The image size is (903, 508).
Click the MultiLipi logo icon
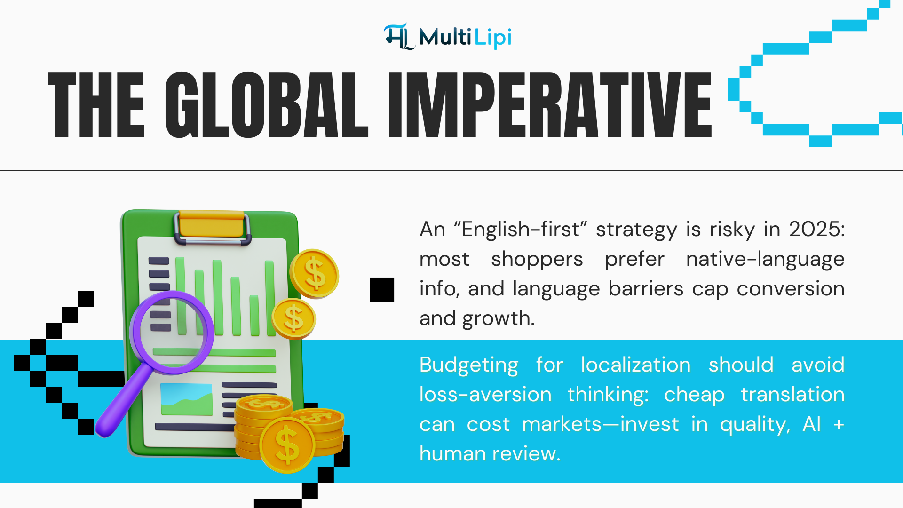(x=399, y=37)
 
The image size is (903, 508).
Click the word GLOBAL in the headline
(x=266, y=105)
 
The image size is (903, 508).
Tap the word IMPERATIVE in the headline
(x=549, y=105)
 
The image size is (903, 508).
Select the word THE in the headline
(x=96, y=105)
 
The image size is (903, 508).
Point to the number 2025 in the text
(x=816, y=230)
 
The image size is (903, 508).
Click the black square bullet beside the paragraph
(x=382, y=289)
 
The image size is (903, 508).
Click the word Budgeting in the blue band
(x=468, y=365)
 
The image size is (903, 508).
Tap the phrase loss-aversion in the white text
(x=485, y=395)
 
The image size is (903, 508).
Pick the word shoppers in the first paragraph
(x=537, y=260)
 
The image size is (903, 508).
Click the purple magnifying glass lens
(x=172, y=332)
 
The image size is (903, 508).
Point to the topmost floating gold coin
(x=314, y=274)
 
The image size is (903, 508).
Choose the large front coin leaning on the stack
(x=287, y=444)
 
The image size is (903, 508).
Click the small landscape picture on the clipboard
(x=186, y=399)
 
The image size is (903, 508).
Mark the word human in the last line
(x=452, y=454)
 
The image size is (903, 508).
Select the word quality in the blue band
(x=754, y=425)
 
